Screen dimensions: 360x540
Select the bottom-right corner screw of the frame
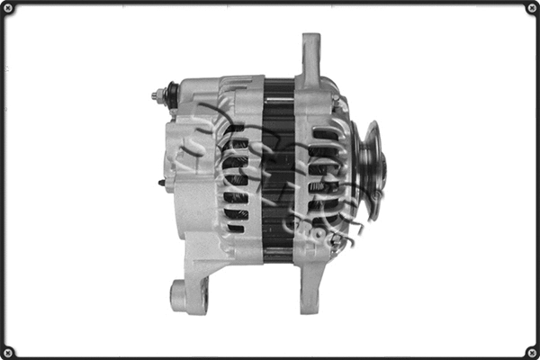(x=530, y=350)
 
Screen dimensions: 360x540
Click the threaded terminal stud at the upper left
(x=157, y=93)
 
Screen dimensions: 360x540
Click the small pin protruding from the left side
(x=160, y=183)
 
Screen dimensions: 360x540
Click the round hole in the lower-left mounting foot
(x=179, y=293)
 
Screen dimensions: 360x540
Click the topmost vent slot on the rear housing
(x=236, y=129)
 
